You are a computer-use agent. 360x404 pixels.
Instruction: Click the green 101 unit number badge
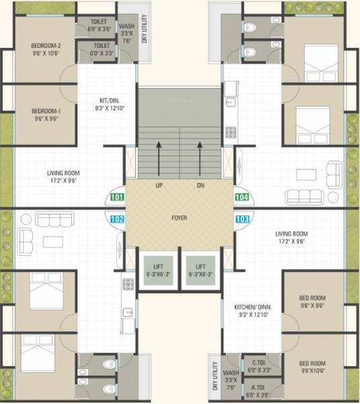(x=116, y=198)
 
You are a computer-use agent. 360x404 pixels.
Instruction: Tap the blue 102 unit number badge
(x=116, y=218)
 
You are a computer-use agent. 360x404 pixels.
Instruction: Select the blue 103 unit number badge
(x=242, y=218)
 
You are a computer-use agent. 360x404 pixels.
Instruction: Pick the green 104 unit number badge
(x=242, y=198)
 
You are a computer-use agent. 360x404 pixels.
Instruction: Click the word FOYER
(x=179, y=218)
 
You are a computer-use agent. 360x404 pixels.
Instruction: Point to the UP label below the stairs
(x=159, y=185)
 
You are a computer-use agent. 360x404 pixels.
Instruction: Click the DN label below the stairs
(x=200, y=185)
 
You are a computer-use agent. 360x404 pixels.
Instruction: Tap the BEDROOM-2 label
(x=46, y=46)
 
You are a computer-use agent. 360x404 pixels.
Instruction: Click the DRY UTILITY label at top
(x=144, y=30)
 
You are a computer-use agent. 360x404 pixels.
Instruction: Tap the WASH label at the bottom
(x=231, y=372)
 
